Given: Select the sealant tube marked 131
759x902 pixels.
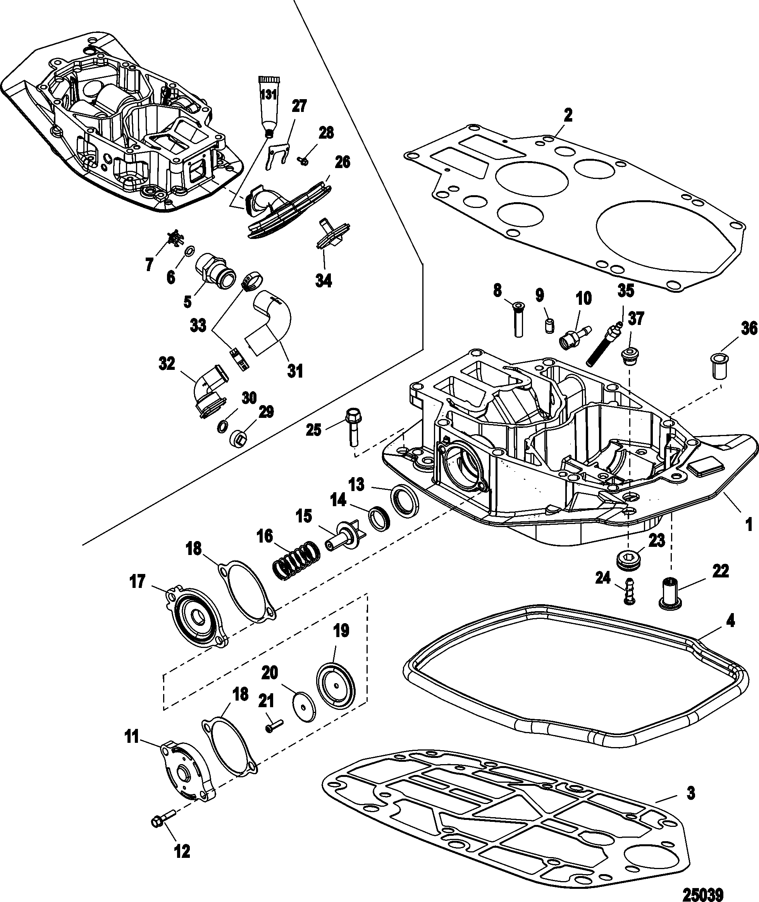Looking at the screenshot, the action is click(269, 106).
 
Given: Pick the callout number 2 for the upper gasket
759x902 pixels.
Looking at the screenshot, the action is click(568, 115).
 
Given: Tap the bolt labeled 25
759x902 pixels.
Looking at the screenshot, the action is click(353, 427).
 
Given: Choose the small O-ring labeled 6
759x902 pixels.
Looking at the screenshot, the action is click(189, 250).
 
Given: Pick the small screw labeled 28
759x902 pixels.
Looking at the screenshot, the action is click(303, 161).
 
